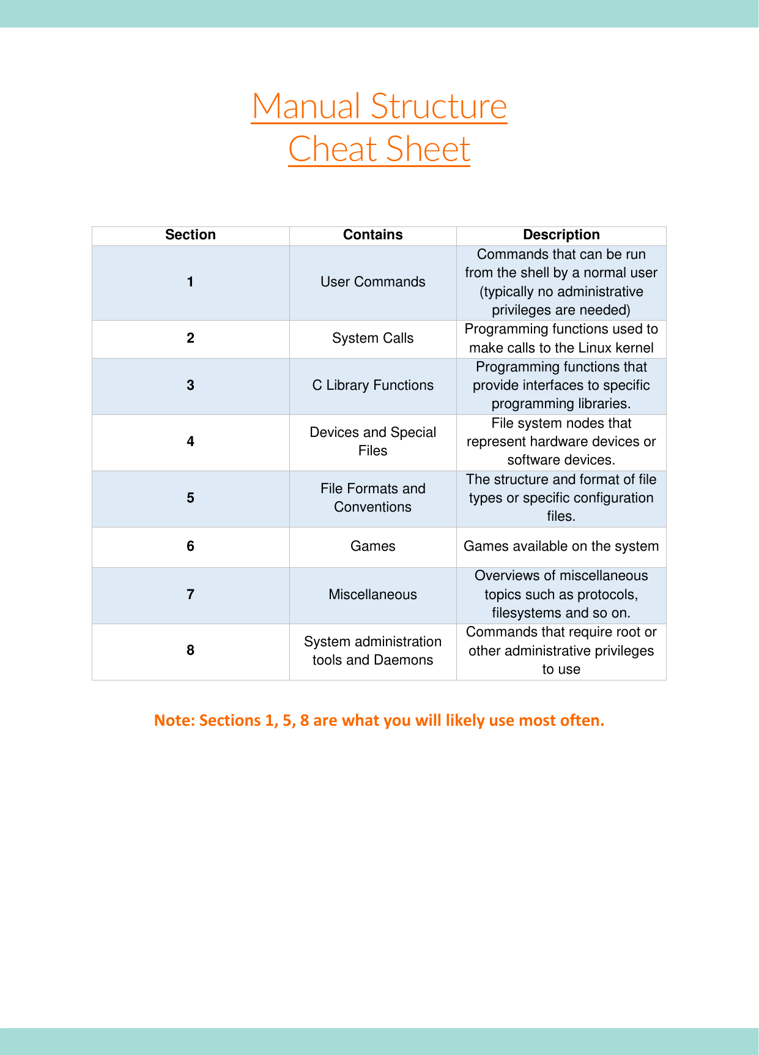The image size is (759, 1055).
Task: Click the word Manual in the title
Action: (306, 106)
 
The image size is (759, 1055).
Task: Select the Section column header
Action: (190, 235)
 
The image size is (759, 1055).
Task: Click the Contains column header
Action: (372, 235)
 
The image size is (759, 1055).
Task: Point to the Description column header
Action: (561, 235)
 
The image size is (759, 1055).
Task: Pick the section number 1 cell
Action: (190, 282)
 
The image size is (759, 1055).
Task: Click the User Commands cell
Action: (372, 282)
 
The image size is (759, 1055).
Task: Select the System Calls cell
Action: (372, 338)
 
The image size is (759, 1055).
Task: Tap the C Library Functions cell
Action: (372, 386)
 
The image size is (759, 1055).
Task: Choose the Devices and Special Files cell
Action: (372, 441)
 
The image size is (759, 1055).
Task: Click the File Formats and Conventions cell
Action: (372, 498)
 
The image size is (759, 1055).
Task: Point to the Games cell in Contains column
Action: (372, 546)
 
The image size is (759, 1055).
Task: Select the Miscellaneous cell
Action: (372, 594)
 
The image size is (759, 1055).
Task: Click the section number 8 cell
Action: (190, 650)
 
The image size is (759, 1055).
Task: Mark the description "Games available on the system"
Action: (561, 546)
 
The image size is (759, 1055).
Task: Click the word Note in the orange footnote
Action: (174, 720)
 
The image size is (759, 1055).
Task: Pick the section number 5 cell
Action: (190, 498)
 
